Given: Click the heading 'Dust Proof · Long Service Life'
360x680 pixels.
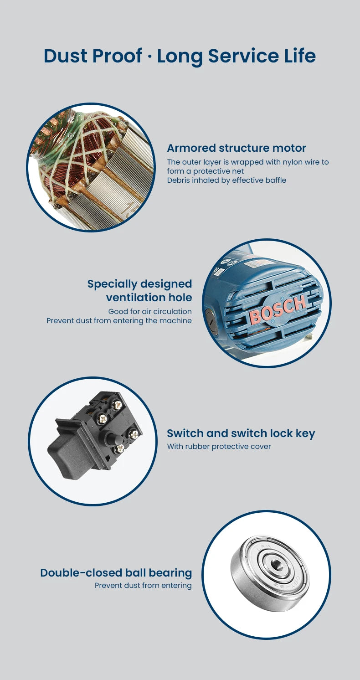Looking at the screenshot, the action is point(180,57).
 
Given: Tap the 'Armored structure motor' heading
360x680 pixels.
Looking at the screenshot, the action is point(237,148).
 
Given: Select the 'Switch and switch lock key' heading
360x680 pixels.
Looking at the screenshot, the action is point(241,433).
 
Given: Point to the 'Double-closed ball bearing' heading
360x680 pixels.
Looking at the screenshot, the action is point(116,573).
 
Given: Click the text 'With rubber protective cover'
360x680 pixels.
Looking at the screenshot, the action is point(219,447).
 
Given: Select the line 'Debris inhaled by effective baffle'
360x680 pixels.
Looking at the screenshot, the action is point(227,180).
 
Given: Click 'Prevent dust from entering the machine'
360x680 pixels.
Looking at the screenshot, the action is point(119,321).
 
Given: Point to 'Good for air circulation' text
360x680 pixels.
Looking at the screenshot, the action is point(150,311).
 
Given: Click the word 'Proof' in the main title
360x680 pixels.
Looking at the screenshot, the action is point(117,57).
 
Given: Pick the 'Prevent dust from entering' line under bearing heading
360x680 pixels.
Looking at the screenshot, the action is point(143,586).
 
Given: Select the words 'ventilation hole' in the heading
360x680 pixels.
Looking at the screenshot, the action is point(149,298).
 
